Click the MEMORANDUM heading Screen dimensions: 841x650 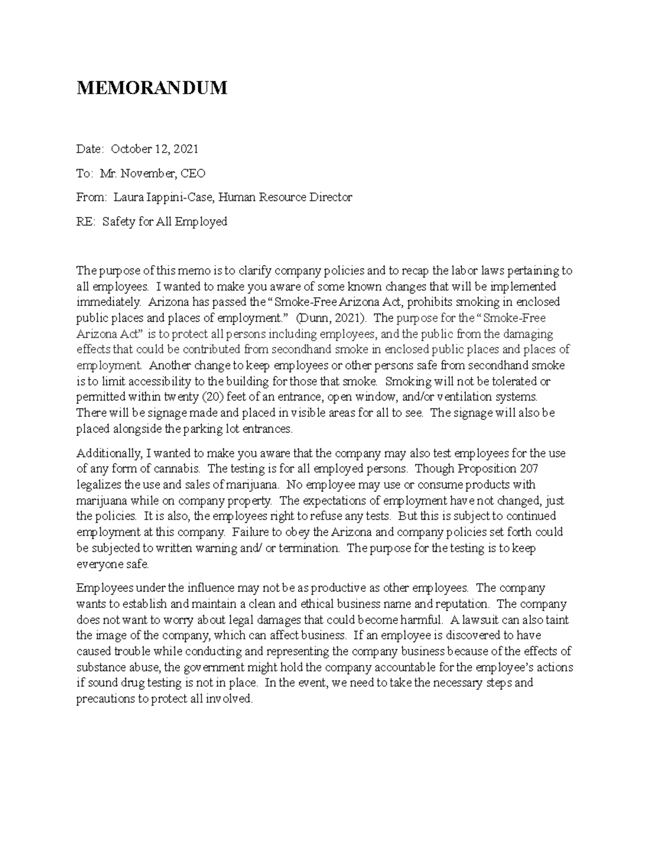pyautogui.click(x=152, y=88)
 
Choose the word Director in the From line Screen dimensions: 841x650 pyautogui.click(x=330, y=197)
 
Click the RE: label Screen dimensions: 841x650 pyautogui.click(x=86, y=221)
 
